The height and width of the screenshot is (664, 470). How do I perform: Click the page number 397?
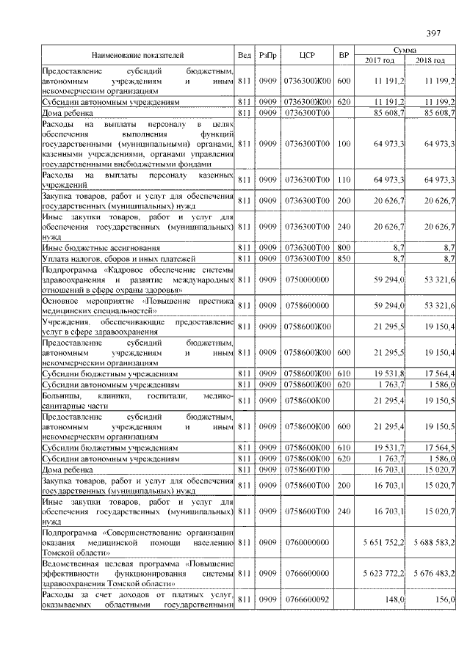click(x=433, y=33)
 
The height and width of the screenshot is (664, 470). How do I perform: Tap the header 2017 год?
click(x=380, y=60)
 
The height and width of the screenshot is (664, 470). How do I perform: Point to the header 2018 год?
click(x=430, y=60)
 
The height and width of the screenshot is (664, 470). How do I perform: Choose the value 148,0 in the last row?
click(x=396, y=599)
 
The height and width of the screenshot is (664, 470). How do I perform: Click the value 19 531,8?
click(x=390, y=373)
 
